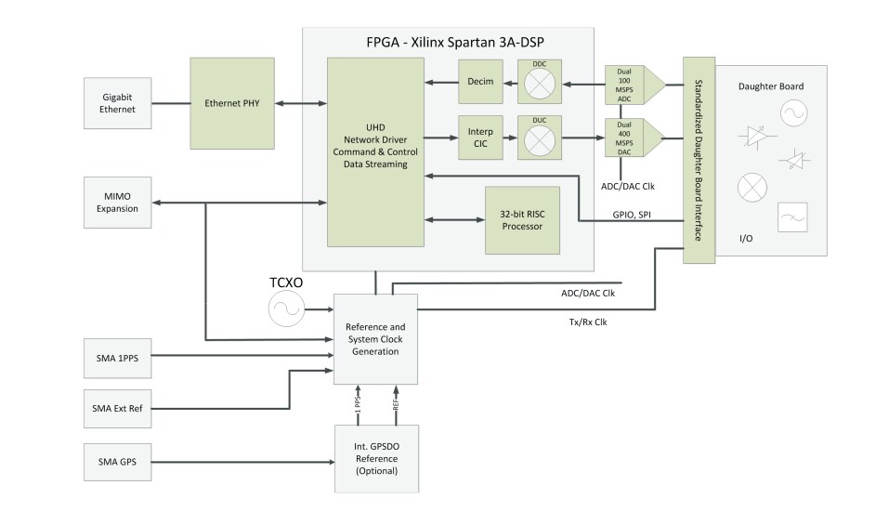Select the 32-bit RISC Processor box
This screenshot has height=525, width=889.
click(x=522, y=220)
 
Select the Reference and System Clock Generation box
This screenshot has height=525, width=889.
click(x=375, y=338)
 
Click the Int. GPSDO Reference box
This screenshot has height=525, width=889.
click(x=375, y=459)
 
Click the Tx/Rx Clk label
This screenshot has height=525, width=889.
click(x=583, y=322)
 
